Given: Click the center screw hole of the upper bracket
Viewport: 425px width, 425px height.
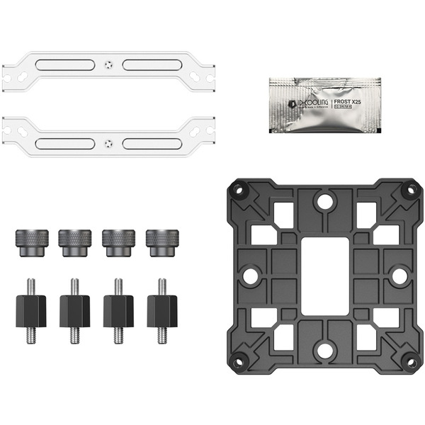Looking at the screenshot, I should click(108, 64).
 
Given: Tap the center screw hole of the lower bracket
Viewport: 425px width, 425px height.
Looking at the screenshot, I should click(108, 143).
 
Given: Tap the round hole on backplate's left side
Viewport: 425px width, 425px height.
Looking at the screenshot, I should click(251, 275).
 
